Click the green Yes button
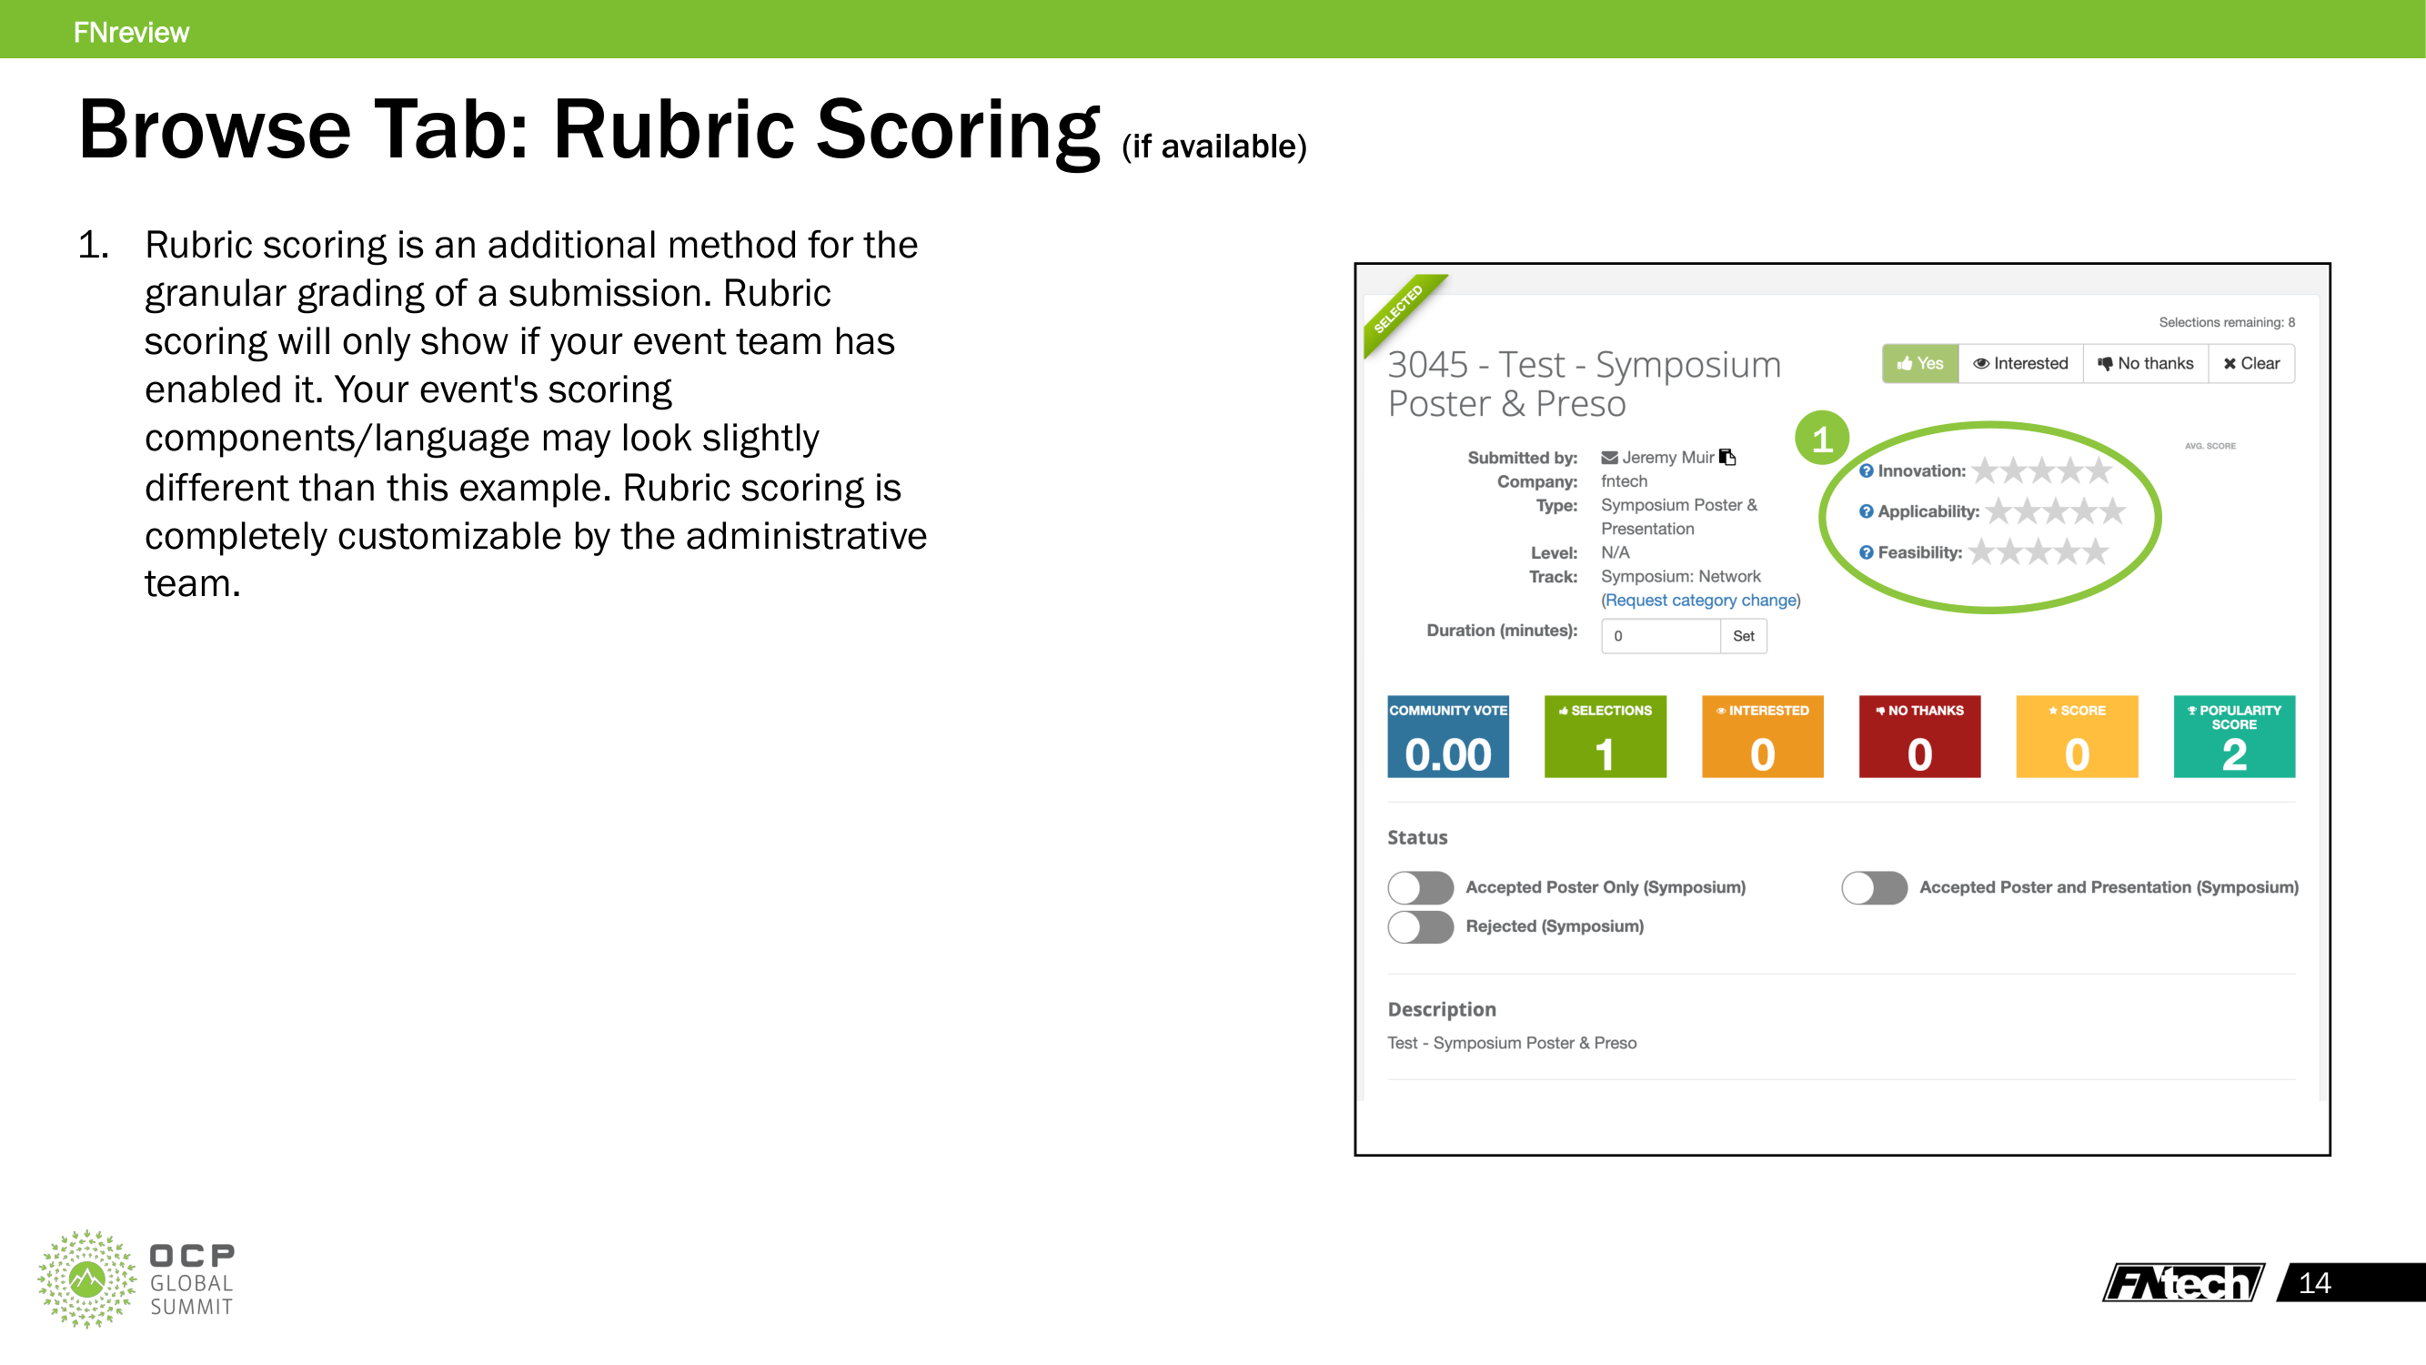click(1919, 364)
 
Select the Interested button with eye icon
click(2020, 364)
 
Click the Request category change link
click(1700, 600)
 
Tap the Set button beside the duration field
click(1743, 636)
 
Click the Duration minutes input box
click(1660, 636)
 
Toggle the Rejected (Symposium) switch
click(1420, 927)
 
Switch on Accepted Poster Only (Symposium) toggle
click(1420, 887)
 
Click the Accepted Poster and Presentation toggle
click(1874, 887)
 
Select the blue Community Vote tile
click(1447, 737)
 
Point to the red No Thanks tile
click(1919, 737)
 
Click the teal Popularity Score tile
click(2234, 737)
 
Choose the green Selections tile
click(1605, 737)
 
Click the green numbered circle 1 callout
click(1821, 439)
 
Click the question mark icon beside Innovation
click(1866, 471)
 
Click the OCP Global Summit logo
click(136, 1279)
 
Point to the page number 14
click(2314, 1283)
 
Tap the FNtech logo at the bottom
click(2183, 1282)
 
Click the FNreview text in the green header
click(131, 33)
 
